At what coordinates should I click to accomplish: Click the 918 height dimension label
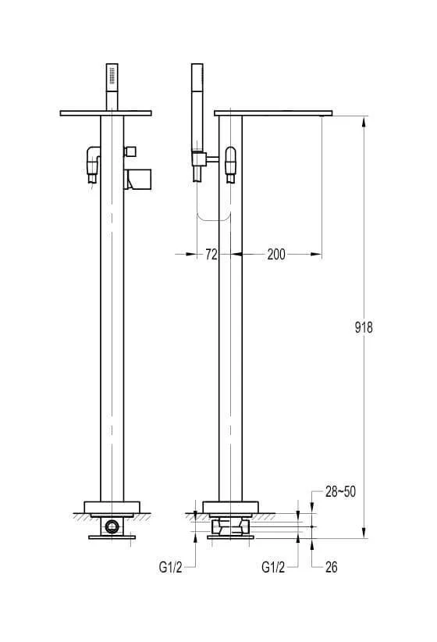pos(364,327)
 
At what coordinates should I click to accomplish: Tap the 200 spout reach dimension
pos(276,255)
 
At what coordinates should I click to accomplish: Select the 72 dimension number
pos(211,255)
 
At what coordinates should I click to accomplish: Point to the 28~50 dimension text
pos(340,491)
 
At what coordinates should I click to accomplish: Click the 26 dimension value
pos(332,567)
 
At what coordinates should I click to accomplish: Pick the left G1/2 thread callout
pos(170,567)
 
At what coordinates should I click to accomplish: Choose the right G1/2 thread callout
pos(273,567)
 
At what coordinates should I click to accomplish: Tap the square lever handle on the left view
pos(138,180)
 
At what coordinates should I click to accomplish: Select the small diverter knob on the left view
pos(130,151)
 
